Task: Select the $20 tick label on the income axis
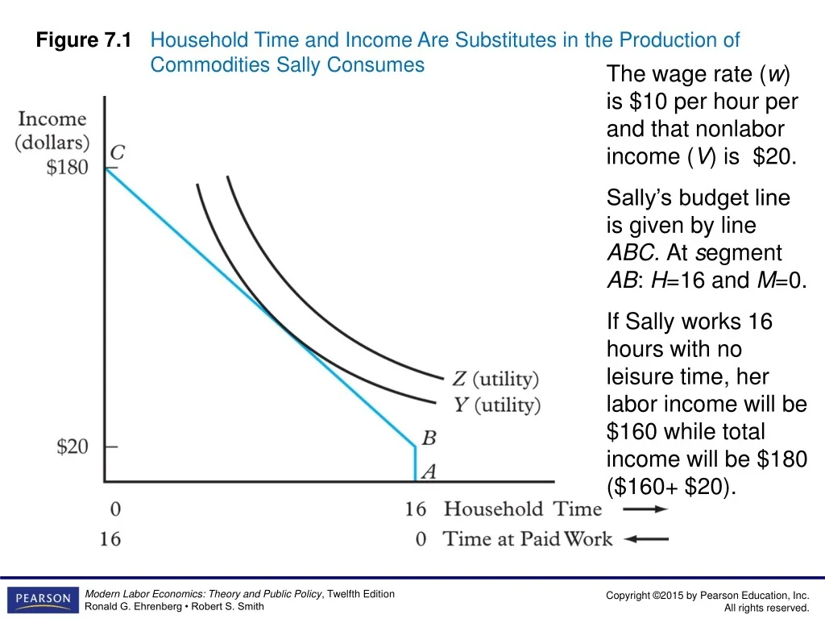(73, 447)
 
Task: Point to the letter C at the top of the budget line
(117, 152)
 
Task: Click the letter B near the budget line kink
(429, 438)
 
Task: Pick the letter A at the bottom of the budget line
(429, 472)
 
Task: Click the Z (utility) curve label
(495, 378)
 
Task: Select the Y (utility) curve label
(496, 404)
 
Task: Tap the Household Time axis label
(523, 509)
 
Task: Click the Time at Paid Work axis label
(528, 538)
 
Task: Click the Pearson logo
(40, 599)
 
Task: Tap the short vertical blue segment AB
(415, 464)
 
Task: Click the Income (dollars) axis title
(52, 131)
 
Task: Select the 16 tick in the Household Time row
(415, 509)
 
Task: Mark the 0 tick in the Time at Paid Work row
(421, 538)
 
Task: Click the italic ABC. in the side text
(633, 253)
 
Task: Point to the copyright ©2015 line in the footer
(707, 595)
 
